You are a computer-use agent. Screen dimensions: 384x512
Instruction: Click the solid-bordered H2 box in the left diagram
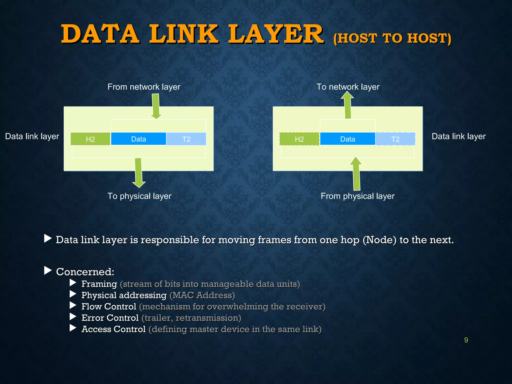(x=90, y=139)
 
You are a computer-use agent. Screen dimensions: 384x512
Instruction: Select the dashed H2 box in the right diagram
(x=299, y=139)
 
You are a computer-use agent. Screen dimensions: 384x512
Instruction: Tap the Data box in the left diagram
(x=138, y=139)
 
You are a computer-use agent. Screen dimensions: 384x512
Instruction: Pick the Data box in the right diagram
(x=347, y=139)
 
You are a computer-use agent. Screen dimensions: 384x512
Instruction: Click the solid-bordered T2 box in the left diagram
(x=186, y=139)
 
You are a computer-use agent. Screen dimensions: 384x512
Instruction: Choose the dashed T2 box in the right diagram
(x=395, y=139)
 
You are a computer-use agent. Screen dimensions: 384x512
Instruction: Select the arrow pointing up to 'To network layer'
(x=348, y=105)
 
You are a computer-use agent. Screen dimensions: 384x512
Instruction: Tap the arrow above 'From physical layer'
(x=356, y=173)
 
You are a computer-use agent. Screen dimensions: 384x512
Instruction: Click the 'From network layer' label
(x=144, y=87)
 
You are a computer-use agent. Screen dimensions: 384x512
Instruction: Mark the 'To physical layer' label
(x=139, y=196)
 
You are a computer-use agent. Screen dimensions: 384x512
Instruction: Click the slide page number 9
(x=466, y=340)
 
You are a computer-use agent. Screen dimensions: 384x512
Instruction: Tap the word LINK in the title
(x=184, y=34)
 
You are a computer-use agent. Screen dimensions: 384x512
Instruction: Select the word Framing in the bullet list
(x=99, y=284)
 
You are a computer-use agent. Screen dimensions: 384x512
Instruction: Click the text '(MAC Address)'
(x=202, y=295)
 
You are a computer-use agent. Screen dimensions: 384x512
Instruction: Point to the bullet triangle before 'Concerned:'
(x=47, y=270)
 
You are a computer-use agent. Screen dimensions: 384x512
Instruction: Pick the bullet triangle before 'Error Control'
(x=73, y=317)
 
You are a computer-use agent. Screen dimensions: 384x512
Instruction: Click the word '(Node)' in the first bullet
(x=379, y=240)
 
